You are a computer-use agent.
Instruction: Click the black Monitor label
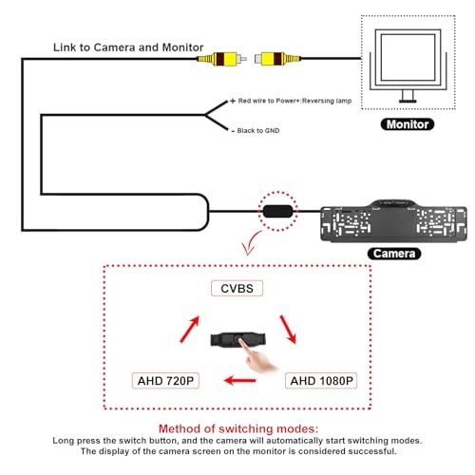click(x=407, y=123)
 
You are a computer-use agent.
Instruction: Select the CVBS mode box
click(x=237, y=288)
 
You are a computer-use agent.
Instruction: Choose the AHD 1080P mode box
click(x=320, y=381)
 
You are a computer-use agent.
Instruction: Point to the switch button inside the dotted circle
click(x=276, y=210)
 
